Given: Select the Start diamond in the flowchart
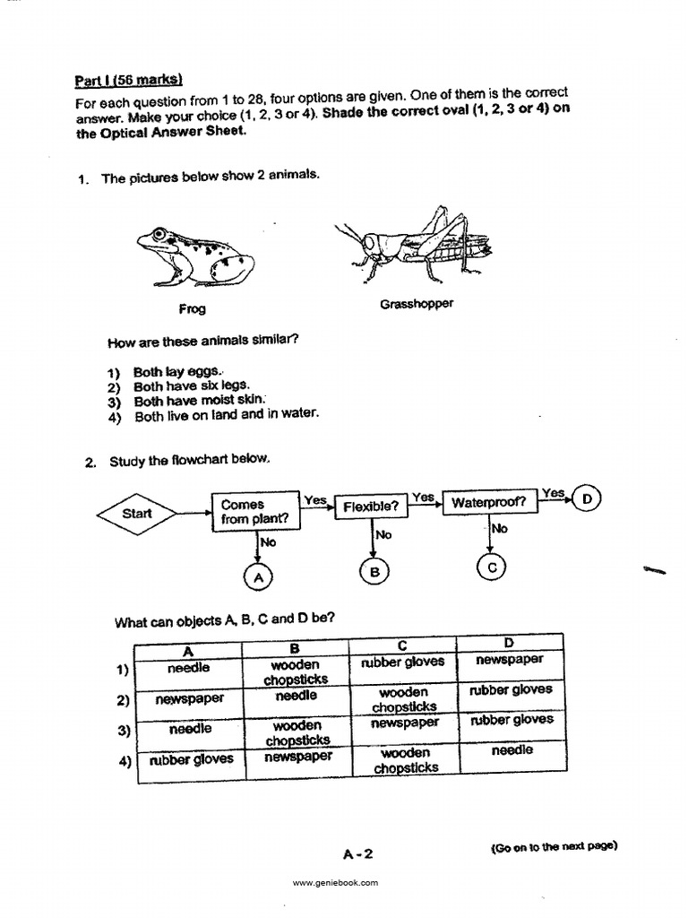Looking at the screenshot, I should click(137, 514).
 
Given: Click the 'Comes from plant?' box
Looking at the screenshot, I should click(255, 512).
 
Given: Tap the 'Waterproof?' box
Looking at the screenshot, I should click(489, 503).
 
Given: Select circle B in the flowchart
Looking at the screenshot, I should click(374, 572).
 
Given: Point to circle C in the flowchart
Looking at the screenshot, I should click(492, 567).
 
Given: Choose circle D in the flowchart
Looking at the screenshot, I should click(587, 498).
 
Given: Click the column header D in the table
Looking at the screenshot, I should click(509, 643).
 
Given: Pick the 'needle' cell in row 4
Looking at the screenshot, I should click(511, 749).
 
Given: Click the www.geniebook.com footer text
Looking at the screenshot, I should click(336, 883).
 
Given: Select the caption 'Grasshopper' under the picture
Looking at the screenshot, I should click(417, 304).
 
